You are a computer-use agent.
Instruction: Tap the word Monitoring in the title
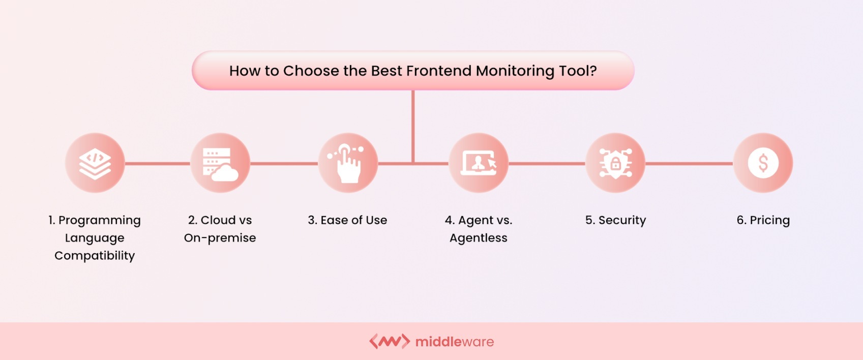click(515, 71)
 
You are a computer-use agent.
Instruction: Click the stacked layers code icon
click(95, 163)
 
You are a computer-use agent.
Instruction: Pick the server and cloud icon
click(220, 163)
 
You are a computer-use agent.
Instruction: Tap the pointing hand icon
click(348, 163)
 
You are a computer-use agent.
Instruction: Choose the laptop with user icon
click(478, 163)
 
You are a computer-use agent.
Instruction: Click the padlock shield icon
click(615, 163)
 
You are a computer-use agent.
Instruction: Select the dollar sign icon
click(763, 163)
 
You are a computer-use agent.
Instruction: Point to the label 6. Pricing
click(763, 220)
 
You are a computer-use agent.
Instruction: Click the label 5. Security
click(615, 220)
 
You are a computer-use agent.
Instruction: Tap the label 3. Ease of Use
click(347, 220)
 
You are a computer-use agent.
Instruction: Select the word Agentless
click(478, 238)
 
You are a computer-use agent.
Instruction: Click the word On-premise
click(220, 238)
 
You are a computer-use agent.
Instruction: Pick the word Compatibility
click(95, 256)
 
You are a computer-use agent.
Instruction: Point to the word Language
click(95, 238)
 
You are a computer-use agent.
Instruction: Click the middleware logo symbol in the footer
click(389, 341)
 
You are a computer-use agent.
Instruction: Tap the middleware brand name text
click(454, 342)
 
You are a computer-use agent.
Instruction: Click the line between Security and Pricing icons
click(689, 164)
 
